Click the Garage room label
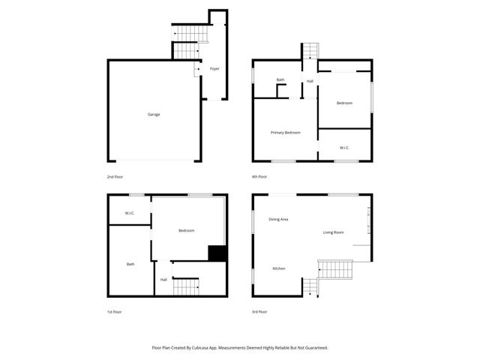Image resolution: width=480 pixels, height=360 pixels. [x=154, y=115]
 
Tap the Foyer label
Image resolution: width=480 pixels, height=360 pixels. [x=214, y=69]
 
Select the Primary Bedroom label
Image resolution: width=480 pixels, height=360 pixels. [x=285, y=133]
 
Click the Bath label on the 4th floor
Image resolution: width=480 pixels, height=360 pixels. [x=280, y=80]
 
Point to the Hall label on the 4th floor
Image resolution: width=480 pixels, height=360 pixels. [x=310, y=81]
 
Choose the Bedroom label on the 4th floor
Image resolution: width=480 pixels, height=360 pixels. [x=344, y=103]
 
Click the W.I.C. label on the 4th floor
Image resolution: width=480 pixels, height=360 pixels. [x=344, y=148]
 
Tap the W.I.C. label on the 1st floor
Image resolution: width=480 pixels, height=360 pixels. [x=129, y=214]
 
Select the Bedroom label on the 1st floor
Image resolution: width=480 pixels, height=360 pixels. [x=187, y=231]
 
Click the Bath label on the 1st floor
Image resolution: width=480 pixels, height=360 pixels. [x=130, y=264]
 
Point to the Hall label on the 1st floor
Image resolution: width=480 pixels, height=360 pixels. [x=163, y=280]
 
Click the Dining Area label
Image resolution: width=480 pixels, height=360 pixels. [x=278, y=219]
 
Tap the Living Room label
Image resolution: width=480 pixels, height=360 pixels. [x=334, y=232]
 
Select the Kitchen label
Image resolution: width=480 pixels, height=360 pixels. [x=278, y=268]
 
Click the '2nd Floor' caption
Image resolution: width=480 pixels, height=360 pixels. [x=115, y=177]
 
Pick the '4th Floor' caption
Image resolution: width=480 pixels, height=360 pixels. [x=259, y=177]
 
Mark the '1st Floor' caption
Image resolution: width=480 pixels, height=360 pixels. [x=114, y=312]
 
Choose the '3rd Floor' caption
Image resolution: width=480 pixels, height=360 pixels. [x=259, y=312]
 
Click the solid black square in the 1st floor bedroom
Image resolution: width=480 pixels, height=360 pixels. [x=217, y=253]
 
